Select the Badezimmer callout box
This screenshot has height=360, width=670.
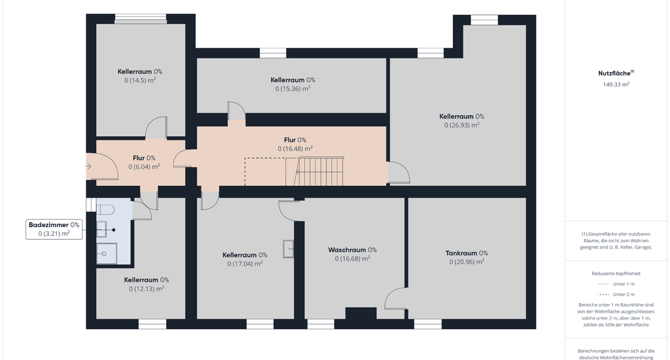[x=54, y=229]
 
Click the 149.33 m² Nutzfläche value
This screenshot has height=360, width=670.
[x=616, y=84]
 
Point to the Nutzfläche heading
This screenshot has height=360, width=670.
[x=616, y=73]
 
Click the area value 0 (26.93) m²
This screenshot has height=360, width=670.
[x=461, y=125]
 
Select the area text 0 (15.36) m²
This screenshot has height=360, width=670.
[x=292, y=89]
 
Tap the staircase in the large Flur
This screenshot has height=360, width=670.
[x=319, y=171]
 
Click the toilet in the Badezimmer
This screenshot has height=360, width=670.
[x=105, y=209]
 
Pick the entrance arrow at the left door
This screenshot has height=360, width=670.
[x=88, y=166]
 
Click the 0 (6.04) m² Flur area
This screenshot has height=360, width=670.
[x=144, y=167]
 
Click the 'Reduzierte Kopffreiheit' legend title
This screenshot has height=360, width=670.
[x=616, y=274]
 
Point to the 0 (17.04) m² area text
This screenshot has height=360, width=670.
[x=245, y=264]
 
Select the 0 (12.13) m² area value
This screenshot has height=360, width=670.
[x=147, y=289]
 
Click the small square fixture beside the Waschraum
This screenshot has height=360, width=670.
[x=289, y=249]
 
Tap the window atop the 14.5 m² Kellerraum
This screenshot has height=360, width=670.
[x=141, y=18]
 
